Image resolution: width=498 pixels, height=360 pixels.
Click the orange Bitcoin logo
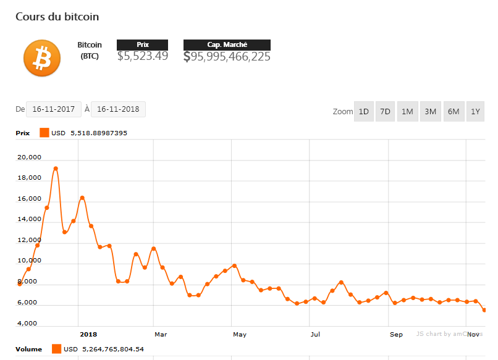point(42,59)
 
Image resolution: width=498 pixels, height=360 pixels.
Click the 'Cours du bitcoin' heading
point(57,17)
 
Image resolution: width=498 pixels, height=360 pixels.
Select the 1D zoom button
point(364,112)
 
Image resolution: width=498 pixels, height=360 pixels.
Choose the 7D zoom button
point(385,112)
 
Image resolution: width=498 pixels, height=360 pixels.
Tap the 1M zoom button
point(407,112)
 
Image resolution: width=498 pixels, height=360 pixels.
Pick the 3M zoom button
point(430,112)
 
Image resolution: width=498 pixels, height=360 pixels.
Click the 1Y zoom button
point(475,112)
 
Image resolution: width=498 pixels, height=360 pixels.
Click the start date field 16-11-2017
point(54,109)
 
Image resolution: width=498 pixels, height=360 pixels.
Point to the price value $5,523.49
point(143,56)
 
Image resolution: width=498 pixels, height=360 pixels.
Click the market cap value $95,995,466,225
point(227,56)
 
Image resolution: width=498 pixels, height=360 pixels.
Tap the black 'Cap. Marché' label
point(227,44)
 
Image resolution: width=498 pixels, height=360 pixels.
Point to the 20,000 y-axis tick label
point(30,157)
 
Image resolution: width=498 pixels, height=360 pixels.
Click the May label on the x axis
point(240,335)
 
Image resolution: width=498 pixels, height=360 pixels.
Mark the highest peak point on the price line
point(56,168)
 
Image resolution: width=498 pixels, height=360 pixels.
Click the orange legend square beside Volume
point(56,349)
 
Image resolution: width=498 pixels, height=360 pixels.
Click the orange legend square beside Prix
point(44,132)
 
